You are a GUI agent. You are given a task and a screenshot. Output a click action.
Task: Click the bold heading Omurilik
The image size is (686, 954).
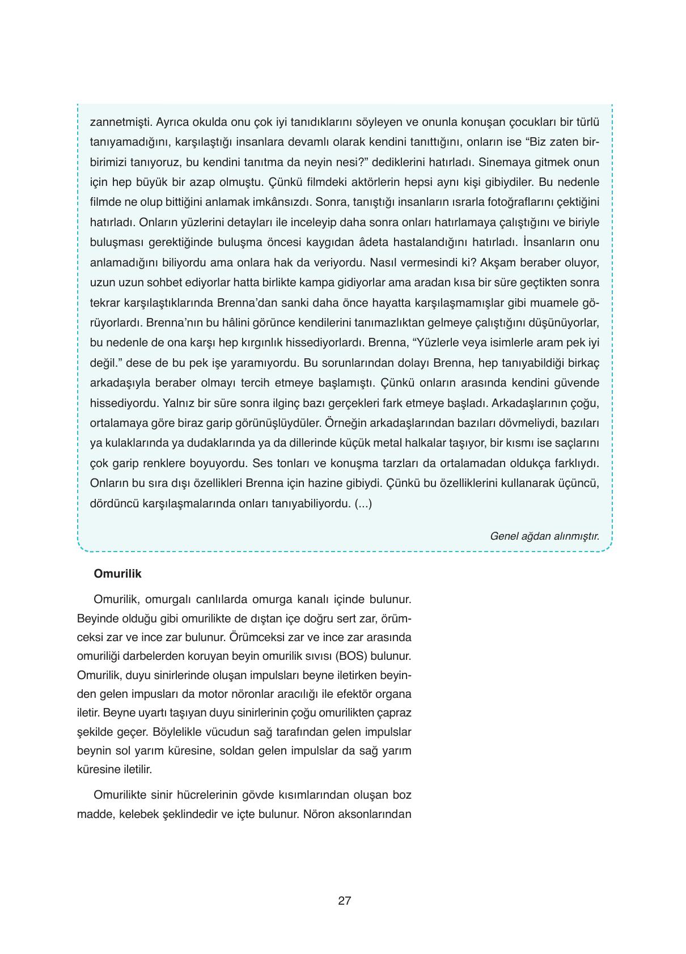pos(117,574)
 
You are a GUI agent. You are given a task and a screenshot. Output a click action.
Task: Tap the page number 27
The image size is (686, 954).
pos(344,901)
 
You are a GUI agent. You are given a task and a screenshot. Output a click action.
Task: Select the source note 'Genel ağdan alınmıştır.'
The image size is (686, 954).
pos(544,536)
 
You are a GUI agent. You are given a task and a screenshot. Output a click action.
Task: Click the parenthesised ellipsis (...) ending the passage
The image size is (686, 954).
pos(363,503)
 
